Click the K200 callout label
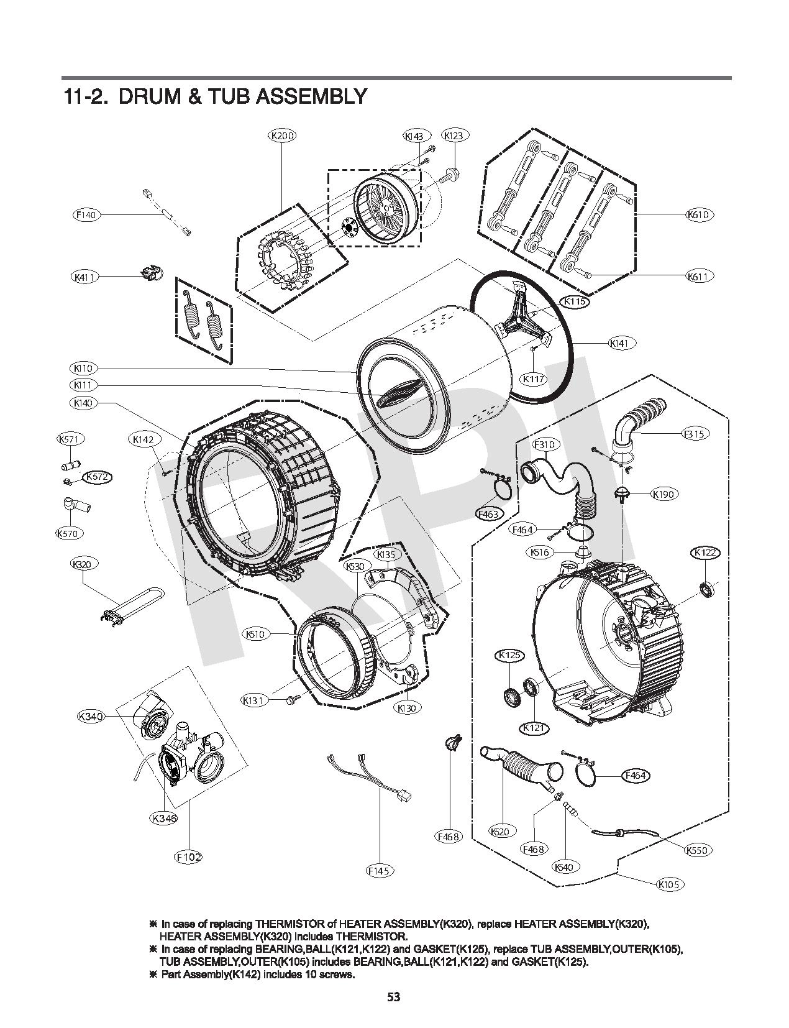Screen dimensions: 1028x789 point(282,135)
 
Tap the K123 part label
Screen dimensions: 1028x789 point(455,135)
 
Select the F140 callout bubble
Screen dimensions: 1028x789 point(86,215)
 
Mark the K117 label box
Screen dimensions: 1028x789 point(533,379)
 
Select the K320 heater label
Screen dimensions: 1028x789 point(82,564)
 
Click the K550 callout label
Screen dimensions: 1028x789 point(698,850)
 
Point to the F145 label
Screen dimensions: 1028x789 point(378,871)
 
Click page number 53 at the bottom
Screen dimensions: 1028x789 point(393,998)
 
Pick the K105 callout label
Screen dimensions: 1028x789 point(669,884)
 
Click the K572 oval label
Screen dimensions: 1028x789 point(95,477)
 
